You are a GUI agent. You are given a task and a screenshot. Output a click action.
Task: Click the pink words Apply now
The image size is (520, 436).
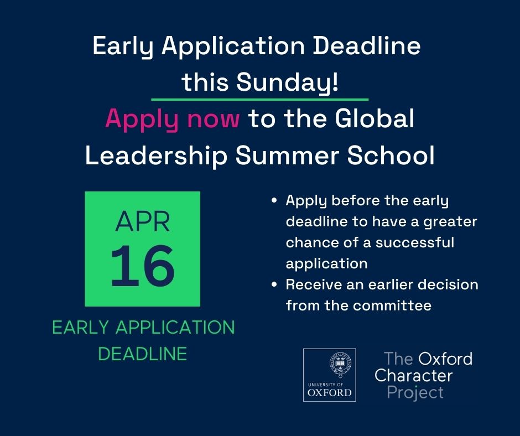click(x=172, y=120)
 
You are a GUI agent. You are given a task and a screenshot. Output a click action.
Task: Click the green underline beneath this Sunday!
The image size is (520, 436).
click(x=259, y=100)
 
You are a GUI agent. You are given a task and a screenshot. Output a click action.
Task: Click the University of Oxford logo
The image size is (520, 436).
click(x=329, y=375)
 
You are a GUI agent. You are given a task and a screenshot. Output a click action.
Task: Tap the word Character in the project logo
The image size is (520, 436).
click(x=413, y=376)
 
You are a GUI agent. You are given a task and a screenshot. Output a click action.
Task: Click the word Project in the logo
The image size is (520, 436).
click(x=415, y=393)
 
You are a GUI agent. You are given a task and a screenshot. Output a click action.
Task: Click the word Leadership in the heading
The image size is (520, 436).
click(x=155, y=157)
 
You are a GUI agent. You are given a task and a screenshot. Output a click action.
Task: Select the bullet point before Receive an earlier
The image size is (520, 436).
click(x=274, y=285)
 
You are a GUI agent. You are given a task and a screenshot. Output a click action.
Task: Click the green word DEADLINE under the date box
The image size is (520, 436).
click(x=142, y=354)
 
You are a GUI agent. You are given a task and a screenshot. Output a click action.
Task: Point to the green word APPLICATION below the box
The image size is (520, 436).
click(x=175, y=328)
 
